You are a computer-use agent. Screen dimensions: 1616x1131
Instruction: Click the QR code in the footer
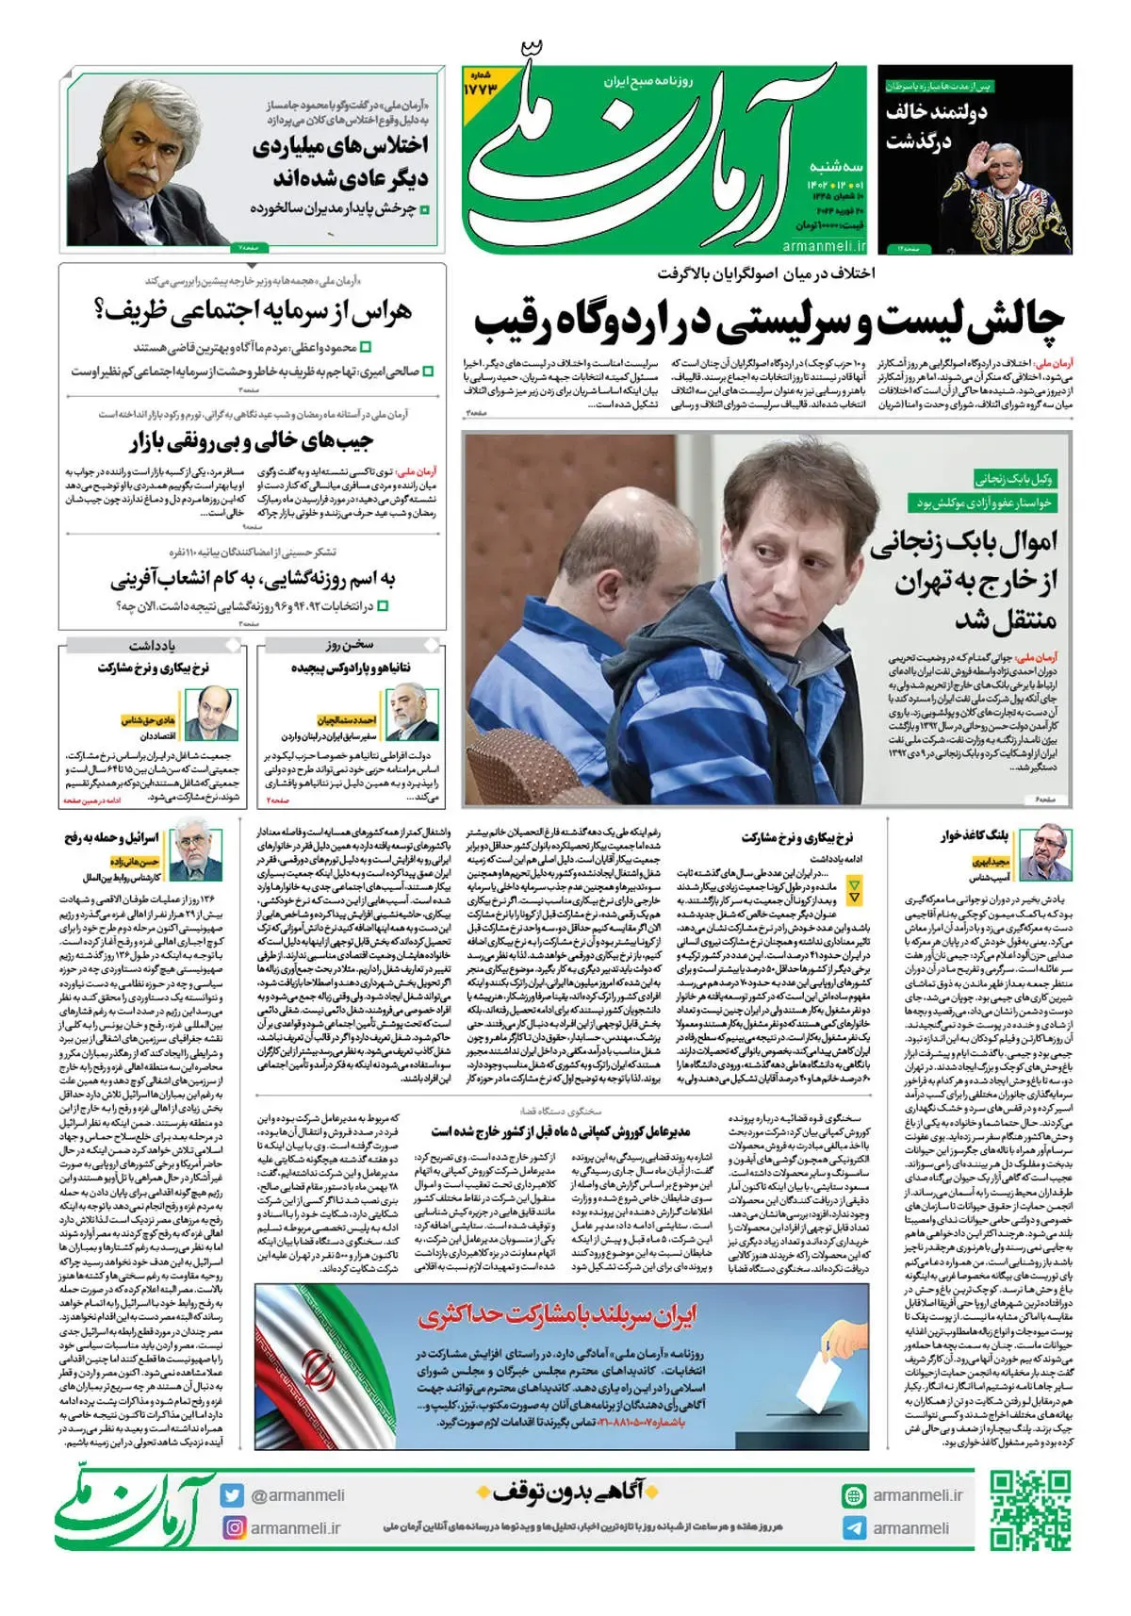[x=1030, y=1509]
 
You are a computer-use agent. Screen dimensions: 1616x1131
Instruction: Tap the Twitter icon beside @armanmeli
[x=233, y=1495]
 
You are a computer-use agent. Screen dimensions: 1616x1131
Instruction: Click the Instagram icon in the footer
[x=233, y=1527]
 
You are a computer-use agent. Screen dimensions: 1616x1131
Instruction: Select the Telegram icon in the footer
[x=854, y=1528]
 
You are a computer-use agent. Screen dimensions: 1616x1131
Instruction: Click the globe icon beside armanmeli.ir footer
[x=854, y=1495]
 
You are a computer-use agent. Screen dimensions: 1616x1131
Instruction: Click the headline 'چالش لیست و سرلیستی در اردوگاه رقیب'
[x=768, y=320]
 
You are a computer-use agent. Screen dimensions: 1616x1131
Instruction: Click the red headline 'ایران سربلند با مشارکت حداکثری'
[x=558, y=1314]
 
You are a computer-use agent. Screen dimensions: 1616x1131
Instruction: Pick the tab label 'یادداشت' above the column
[x=153, y=646]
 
